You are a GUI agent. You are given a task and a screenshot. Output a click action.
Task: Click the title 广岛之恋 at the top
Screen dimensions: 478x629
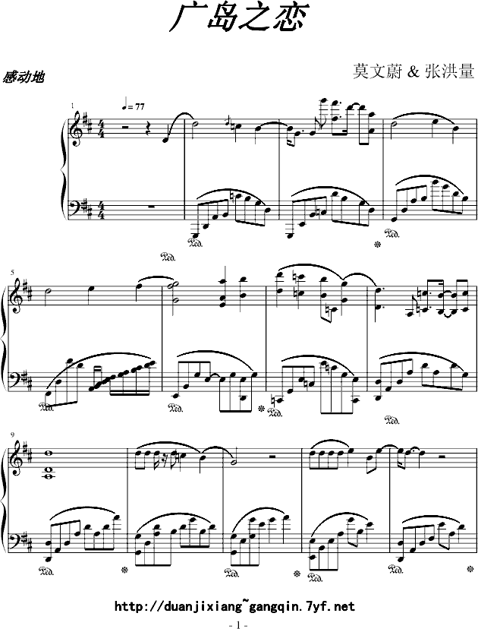pos(238,17)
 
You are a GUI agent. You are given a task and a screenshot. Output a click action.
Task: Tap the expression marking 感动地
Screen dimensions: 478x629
pos(24,77)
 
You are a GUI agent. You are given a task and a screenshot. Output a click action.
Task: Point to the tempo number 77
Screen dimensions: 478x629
pos(139,106)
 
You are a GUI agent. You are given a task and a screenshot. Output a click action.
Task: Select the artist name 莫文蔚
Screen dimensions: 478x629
pos(376,71)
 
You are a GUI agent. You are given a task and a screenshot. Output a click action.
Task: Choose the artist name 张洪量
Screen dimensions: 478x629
pos(450,71)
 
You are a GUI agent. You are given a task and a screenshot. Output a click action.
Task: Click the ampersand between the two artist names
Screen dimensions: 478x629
pos(413,72)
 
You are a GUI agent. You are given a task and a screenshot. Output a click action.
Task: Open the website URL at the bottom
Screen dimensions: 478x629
pos(234,605)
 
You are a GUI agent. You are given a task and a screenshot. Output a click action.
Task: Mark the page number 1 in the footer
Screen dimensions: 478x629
pos(239,624)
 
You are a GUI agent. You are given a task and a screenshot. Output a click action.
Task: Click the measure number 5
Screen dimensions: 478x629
pos(12,273)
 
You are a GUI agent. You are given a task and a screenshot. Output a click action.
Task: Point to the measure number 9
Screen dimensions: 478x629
pos(12,435)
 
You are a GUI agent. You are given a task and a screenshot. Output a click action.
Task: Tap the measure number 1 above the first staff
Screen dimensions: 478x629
pos(73,106)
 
